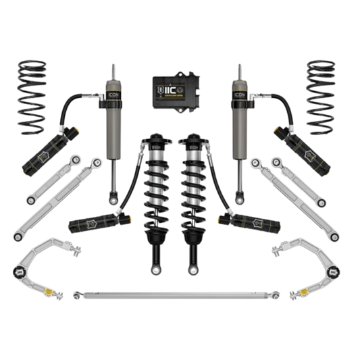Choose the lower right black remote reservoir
(264, 221)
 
